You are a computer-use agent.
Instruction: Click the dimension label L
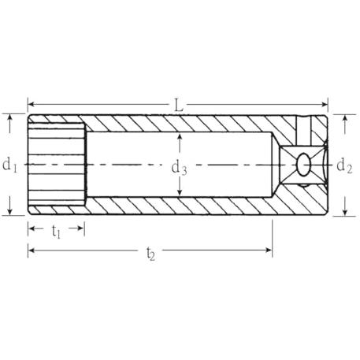[179, 106]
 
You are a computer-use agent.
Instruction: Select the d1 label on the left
[9, 165]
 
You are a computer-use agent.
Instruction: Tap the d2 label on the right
[344, 166]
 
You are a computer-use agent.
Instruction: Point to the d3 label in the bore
[179, 168]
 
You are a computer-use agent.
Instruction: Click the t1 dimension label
[56, 232]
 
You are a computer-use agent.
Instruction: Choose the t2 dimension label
[150, 254]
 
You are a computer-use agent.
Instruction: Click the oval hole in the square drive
[304, 165]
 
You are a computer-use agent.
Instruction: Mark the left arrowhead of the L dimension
[32, 104]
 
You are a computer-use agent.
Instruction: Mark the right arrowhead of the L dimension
[324, 105]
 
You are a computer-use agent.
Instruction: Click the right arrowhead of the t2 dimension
[269, 250]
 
